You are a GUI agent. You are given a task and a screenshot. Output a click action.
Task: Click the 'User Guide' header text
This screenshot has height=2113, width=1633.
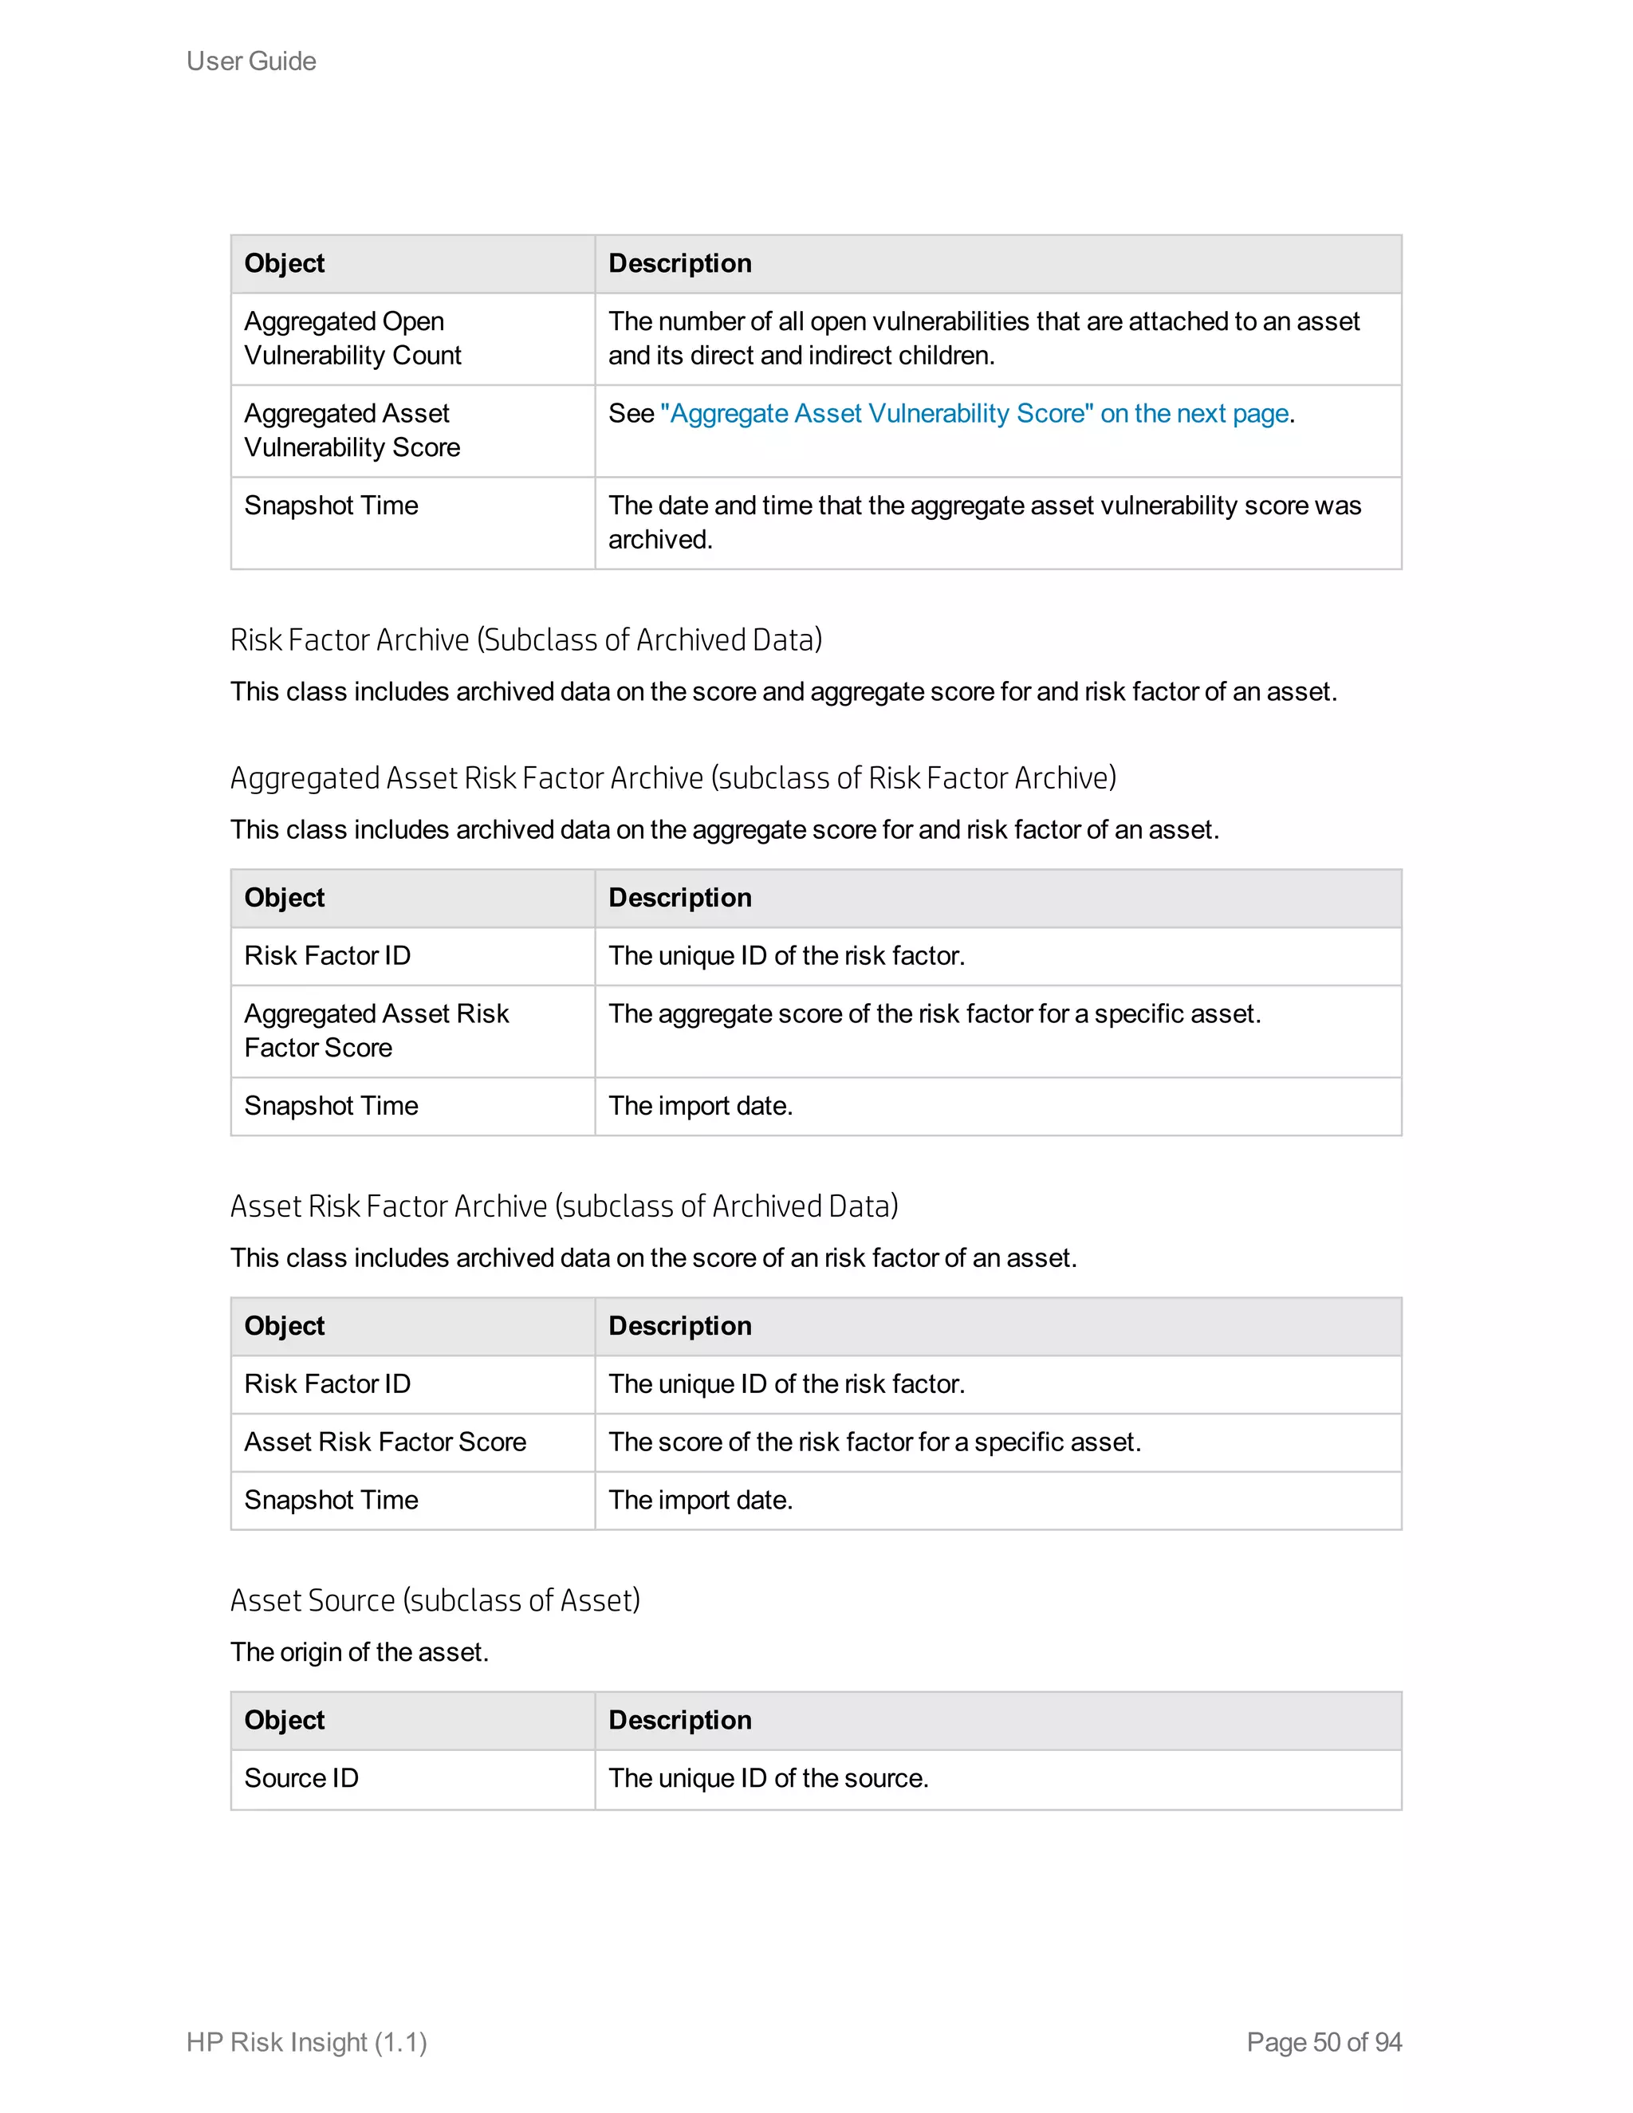[x=250, y=61]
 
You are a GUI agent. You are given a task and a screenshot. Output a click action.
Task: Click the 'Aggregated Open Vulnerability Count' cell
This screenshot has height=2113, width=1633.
[x=352, y=339]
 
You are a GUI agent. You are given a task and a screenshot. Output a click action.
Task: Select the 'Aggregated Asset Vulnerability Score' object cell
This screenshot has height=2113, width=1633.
[x=352, y=431]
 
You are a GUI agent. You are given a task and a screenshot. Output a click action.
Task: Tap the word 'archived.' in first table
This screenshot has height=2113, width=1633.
[x=659, y=540]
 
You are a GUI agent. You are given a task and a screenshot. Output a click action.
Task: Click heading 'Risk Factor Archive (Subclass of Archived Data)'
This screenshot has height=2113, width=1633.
[x=525, y=640]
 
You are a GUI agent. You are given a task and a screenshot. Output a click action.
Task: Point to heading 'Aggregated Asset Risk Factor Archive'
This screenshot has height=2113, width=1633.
[x=672, y=778]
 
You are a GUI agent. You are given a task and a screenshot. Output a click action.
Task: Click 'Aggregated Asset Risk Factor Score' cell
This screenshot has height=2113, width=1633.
[x=376, y=1030]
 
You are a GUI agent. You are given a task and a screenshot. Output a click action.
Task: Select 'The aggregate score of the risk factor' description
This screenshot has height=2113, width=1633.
[x=934, y=1014]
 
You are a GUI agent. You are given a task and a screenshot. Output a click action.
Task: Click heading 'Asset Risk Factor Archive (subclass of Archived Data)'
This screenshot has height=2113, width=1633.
[x=564, y=1206]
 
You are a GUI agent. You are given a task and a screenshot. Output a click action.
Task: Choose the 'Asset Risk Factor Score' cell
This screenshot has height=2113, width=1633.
[x=385, y=1442]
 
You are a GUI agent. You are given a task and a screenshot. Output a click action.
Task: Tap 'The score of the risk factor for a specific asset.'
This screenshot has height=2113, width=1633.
[x=874, y=1442]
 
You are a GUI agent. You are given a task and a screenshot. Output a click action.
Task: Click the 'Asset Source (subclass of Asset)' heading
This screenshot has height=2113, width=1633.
[x=435, y=1600]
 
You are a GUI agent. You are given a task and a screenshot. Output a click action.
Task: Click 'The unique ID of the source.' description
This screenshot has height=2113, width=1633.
[x=767, y=1778]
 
